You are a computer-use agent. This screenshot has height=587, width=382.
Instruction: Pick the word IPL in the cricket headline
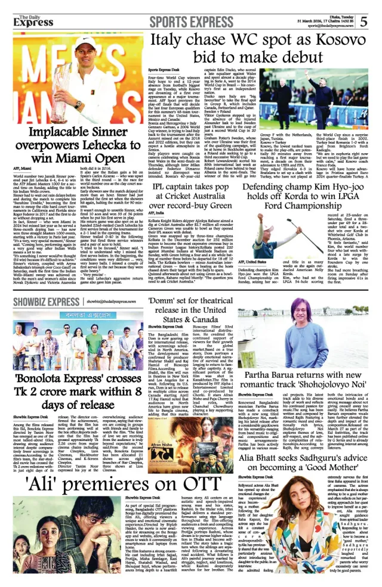162,188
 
